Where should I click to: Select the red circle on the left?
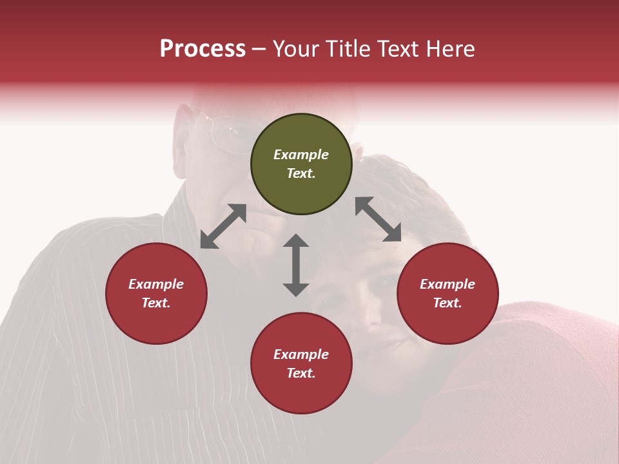156,293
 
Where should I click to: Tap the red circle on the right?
447,293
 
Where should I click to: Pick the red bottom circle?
301,363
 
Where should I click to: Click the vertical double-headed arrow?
296,265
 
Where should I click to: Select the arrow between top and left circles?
223,226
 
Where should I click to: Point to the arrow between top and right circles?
378,219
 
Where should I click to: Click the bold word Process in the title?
202,48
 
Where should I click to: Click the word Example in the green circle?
301,155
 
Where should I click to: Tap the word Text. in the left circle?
156,303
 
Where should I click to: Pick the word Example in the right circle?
447,284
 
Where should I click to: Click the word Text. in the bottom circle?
301,373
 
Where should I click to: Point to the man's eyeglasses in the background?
222,132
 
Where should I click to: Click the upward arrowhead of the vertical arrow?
296,241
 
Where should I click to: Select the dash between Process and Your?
259,49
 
